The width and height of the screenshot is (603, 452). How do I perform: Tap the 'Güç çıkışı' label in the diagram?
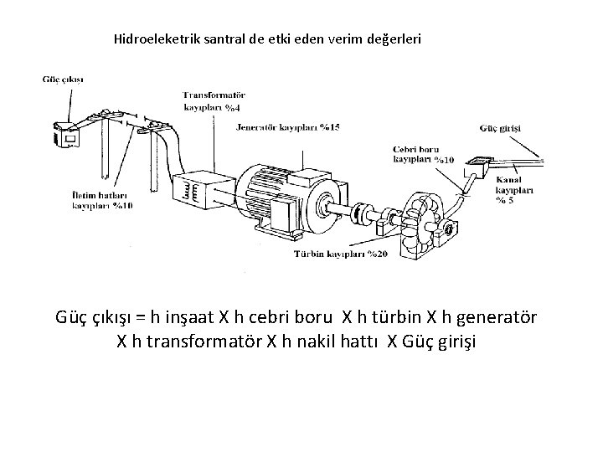click(x=62, y=80)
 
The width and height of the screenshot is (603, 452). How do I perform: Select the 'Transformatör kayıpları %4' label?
click(x=214, y=101)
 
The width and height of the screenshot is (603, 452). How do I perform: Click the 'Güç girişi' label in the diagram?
click(x=500, y=128)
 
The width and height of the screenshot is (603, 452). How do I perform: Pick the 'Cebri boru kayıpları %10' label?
click(x=424, y=154)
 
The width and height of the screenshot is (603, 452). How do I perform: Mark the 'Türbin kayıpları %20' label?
click(x=339, y=255)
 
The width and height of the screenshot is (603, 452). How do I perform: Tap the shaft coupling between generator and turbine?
click(x=363, y=216)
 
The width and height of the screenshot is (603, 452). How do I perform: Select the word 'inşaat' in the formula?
click(x=189, y=319)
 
